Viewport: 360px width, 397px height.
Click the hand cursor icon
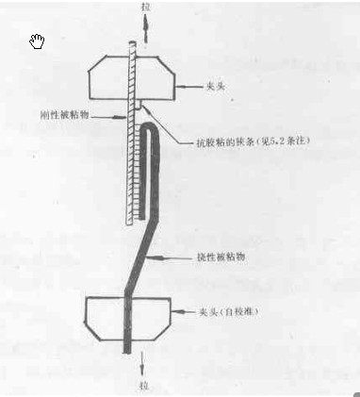pyautogui.click(x=37, y=41)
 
